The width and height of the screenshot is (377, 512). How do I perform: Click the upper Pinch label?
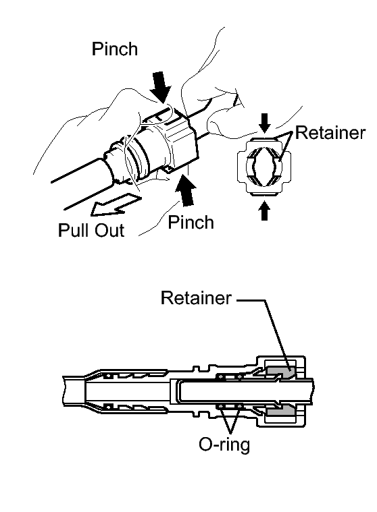[114, 49]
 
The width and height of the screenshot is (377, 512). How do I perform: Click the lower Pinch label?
[191, 222]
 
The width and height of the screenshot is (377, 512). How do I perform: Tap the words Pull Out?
[91, 230]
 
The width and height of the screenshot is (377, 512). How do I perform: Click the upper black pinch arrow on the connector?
[161, 86]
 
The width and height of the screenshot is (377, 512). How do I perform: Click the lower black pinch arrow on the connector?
[185, 191]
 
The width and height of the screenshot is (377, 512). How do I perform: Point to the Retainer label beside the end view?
[330, 133]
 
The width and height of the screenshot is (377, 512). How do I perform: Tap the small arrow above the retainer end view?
[265, 123]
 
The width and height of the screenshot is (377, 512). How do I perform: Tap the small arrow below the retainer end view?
[265, 211]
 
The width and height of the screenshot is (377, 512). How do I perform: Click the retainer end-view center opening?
[264, 166]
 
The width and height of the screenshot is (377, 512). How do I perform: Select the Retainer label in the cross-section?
[196, 297]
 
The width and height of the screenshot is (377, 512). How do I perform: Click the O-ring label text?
[224, 445]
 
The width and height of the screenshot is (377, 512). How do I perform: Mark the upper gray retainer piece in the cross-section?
[280, 371]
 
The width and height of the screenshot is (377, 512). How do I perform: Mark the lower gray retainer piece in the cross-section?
[280, 411]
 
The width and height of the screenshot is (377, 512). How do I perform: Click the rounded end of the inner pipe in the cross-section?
[178, 391]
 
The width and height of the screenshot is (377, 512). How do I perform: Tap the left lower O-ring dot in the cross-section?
[221, 407]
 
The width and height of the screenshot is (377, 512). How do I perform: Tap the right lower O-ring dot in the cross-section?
[240, 407]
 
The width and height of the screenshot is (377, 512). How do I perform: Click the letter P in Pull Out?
[63, 230]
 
